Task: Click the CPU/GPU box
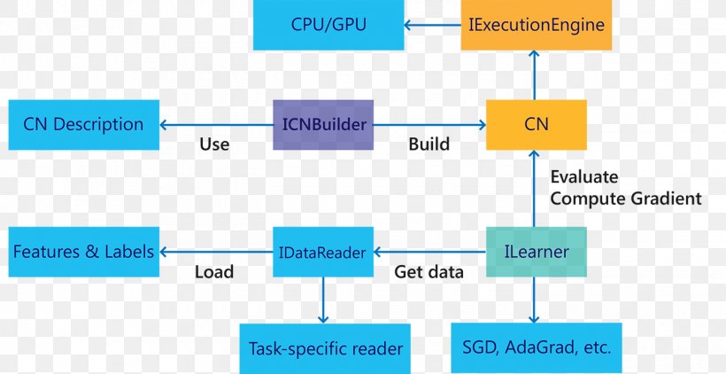(x=328, y=25)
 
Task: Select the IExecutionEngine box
(x=537, y=25)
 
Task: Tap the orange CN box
(x=537, y=125)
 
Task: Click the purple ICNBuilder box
(x=323, y=125)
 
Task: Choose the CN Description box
(x=83, y=125)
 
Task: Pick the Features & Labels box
(x=83, y=252)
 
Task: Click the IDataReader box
(x=323, y=253)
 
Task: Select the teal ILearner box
(x=537, y=253)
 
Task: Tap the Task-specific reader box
(x=326, y=349)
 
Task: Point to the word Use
(x=214, y=144)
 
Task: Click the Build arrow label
(x=429, y=144)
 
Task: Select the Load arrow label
(x=214, y=272)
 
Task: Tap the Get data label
(x=429, y=272)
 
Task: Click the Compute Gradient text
(x=625, y=199)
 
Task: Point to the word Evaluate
(x=584, y=176)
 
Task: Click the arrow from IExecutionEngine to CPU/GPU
(x=433, y=25)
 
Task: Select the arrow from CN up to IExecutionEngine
(x=534, y=74)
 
